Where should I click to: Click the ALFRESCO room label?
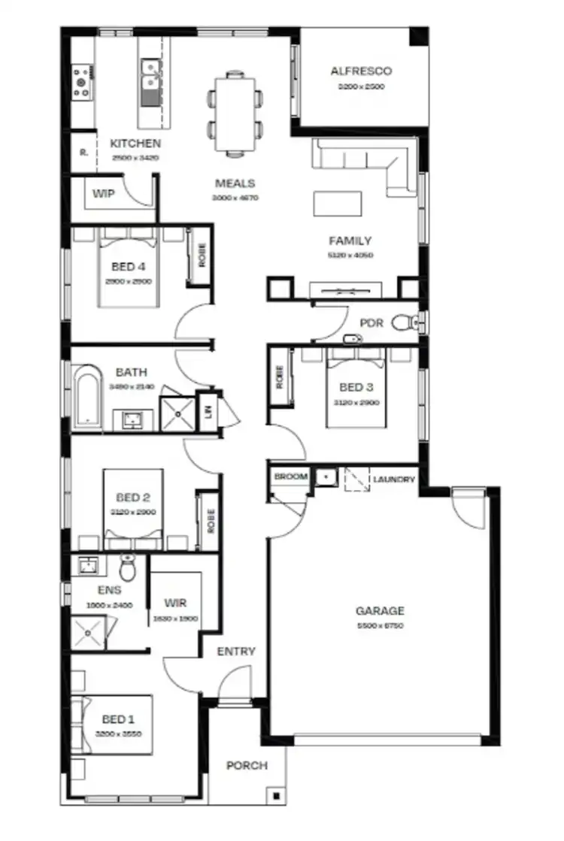(x=362, y=71)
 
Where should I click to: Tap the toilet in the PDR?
(x=405, y=322)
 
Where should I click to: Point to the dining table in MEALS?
(x=235, y=113)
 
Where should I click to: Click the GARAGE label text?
(x=380, y=611)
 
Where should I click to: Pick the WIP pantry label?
(x=104, y=194)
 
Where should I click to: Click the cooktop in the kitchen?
(x=81, y=82)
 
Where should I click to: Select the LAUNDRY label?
(x=394, y=478)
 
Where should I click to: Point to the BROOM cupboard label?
(x=290, y=477)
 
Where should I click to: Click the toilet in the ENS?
(x=127, y=568)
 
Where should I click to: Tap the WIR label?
(x=175, y=604)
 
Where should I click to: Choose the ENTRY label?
(x=236, y=652)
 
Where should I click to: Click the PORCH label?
(x=247, y=766)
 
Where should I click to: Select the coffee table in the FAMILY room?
(x=337, y=203)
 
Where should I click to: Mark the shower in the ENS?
(x=89, y=631)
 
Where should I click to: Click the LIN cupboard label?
(x=208, y=411)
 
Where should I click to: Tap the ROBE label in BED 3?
(x=280, y=376)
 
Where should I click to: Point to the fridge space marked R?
(x=83, y=151)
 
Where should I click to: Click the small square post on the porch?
(x=277, y=795)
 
